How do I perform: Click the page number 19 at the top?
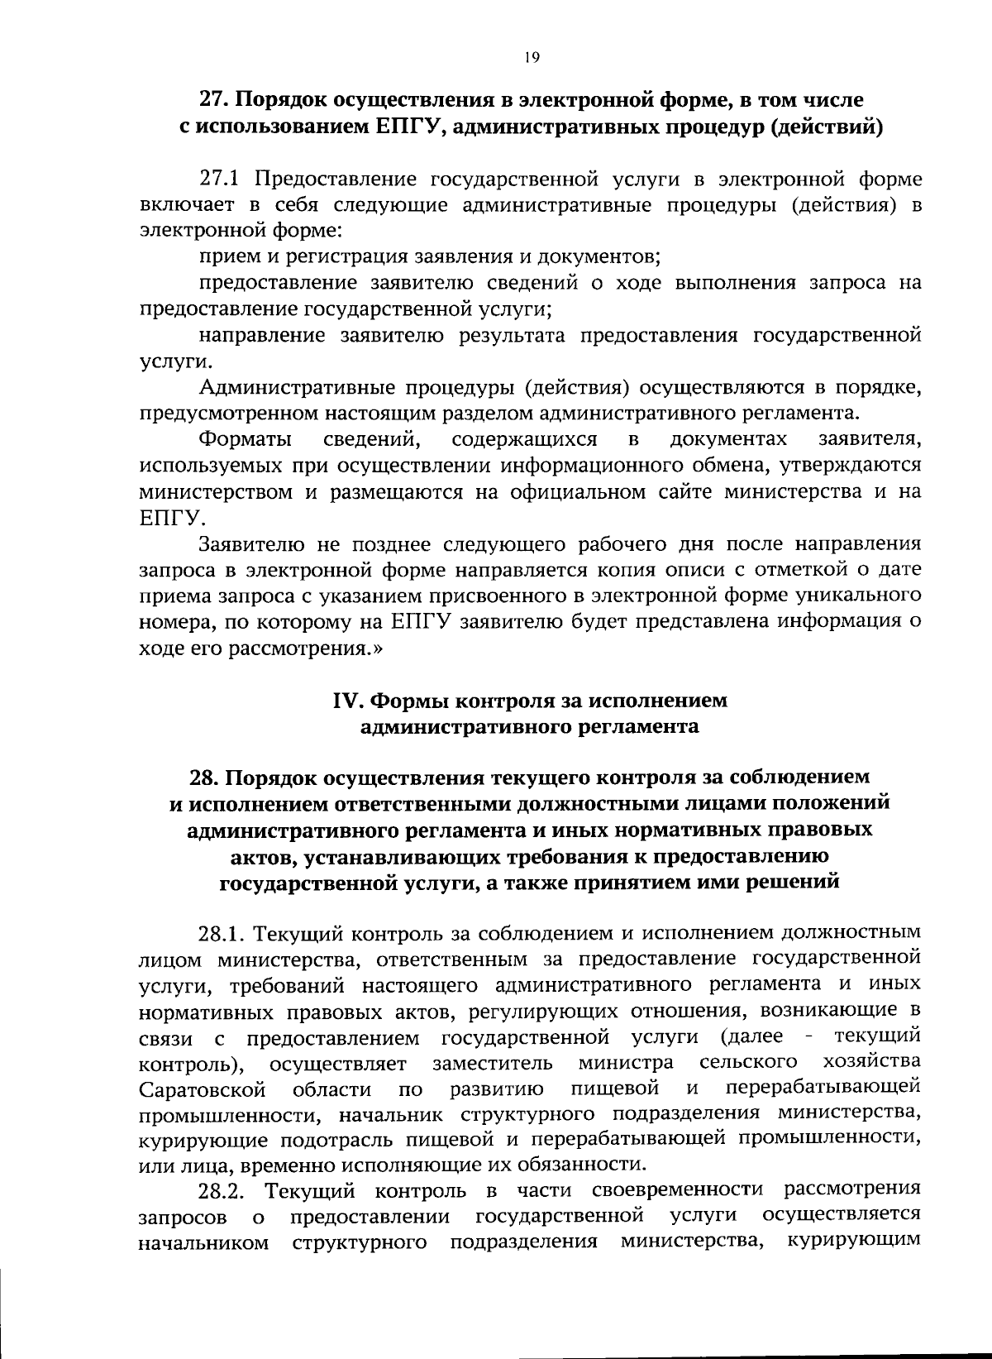pyautogui.click(x=532, y=57)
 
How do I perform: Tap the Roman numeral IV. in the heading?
pyautogui.click(x=348, y=701)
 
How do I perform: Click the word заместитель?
pyautogui.click(x=493, y=1062)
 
